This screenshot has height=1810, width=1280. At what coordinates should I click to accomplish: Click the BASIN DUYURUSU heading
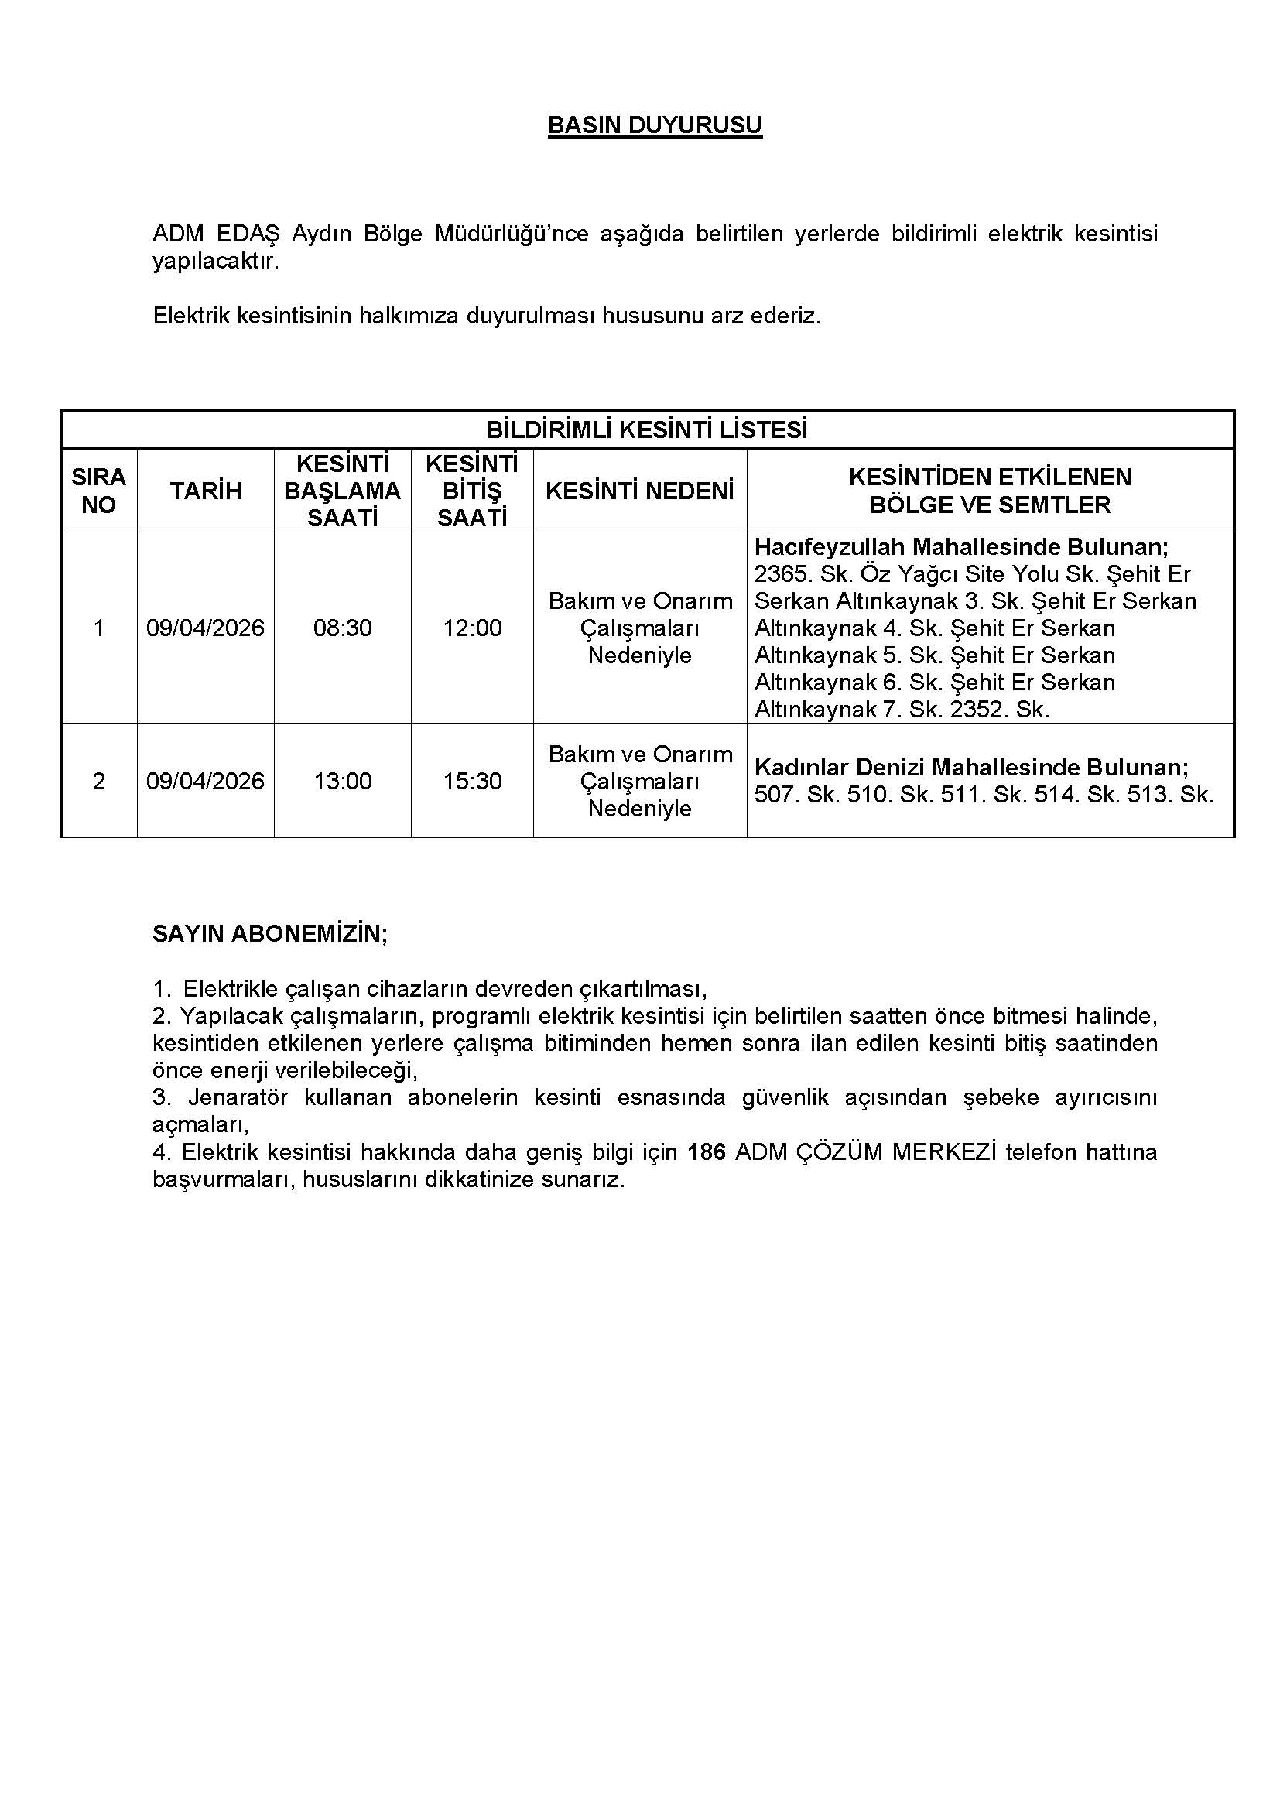point(654,125)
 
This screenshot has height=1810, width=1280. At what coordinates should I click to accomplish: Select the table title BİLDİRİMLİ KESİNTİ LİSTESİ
point(646,429)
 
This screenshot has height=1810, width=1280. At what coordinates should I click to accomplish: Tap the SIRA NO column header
point(98,491)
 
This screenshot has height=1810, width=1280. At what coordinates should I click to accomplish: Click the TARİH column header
point(206,491)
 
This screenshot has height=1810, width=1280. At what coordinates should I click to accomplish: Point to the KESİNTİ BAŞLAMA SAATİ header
point(342,491)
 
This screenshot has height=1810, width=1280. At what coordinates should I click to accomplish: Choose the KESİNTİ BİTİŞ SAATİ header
point(471,491)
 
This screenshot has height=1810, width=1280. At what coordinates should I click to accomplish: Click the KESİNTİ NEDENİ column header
point(639,491)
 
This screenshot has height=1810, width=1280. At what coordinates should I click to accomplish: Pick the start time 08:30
point(342,628)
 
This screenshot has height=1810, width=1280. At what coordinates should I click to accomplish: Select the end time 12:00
point(472,628)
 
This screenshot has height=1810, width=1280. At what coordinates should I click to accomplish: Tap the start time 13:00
point(342,782)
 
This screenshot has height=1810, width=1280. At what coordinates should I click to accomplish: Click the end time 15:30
point(472,782)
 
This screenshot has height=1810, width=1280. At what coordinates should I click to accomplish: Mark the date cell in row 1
point(206,628)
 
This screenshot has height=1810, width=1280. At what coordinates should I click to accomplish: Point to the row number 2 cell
point(98,782)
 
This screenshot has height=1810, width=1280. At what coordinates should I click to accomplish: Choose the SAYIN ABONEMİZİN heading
point(269,934)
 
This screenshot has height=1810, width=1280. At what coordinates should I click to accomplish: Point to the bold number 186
point(707,1152)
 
